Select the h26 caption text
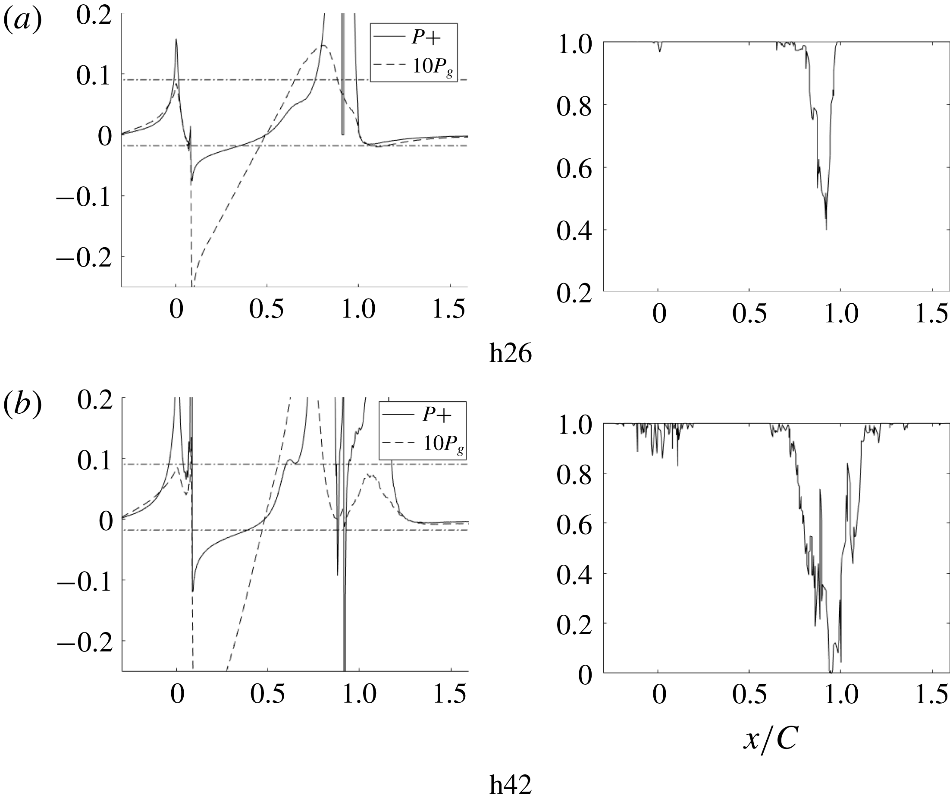click(510, 354)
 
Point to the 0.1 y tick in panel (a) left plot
click(94, 75)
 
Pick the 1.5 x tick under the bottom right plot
click(931, 695)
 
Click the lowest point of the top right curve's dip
click(826, 230)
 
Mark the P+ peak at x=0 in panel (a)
click(176, 40)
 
